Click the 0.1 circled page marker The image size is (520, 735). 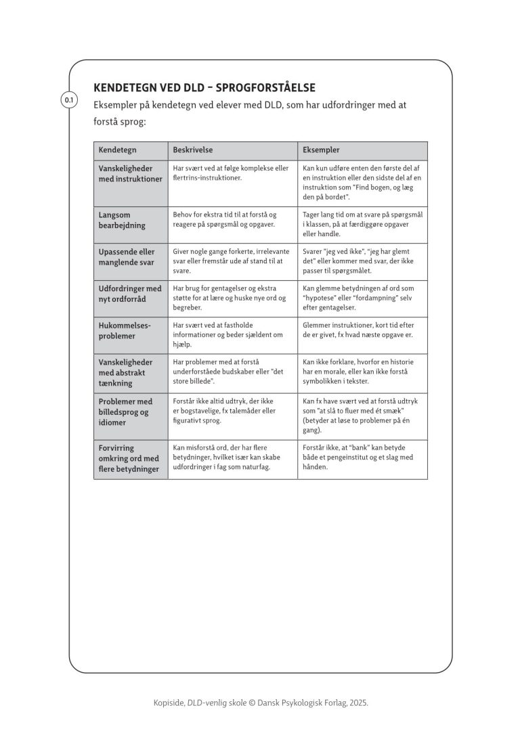[x=69, y=101]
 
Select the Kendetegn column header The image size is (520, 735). [x=118, y=150]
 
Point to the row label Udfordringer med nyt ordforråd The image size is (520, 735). [x=130, y=294]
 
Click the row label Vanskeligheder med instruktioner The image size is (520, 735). [x=130, y=174]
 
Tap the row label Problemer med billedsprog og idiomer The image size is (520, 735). [x=125, y=411]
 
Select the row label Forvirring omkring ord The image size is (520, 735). [x=129, y=458]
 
